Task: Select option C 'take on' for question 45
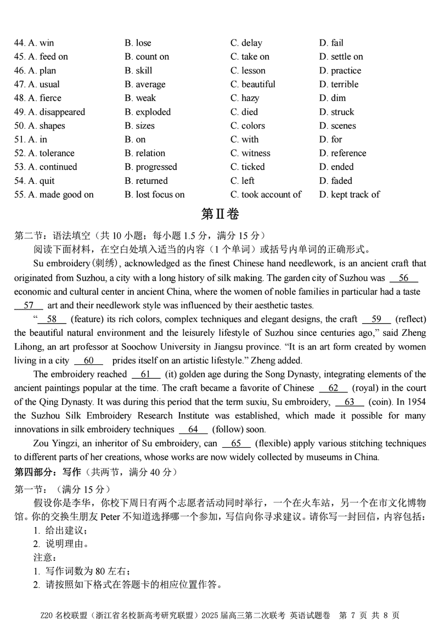250,57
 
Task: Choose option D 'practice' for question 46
340,70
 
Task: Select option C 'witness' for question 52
250,153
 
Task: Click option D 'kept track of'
349,194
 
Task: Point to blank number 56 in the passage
404,278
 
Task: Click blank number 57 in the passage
29,306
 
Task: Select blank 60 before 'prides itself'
88,360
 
